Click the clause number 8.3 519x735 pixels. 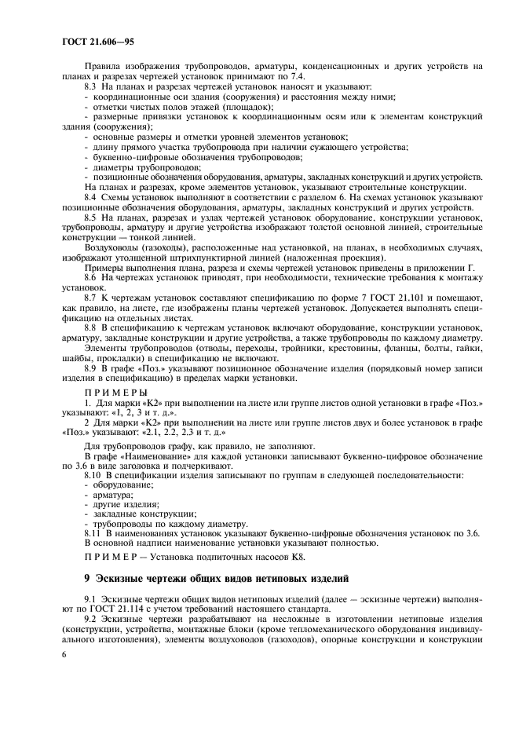click(x=92, y=86)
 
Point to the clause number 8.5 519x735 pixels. click(x=92, y=216)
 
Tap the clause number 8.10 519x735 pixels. click(x=93, y=476)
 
